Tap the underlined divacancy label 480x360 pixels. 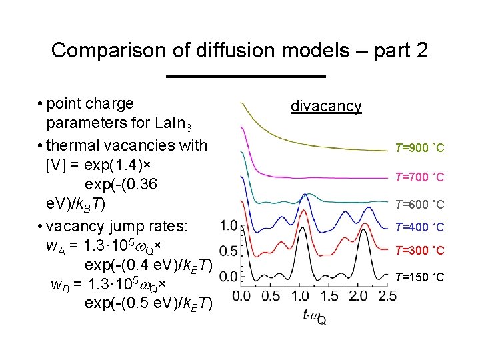click(326, 106)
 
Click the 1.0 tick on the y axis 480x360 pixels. click(228, 225)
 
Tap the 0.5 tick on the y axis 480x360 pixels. click(228, 251)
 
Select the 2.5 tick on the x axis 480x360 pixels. click(387, 295)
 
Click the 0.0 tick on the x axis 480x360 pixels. click(241, 295)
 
